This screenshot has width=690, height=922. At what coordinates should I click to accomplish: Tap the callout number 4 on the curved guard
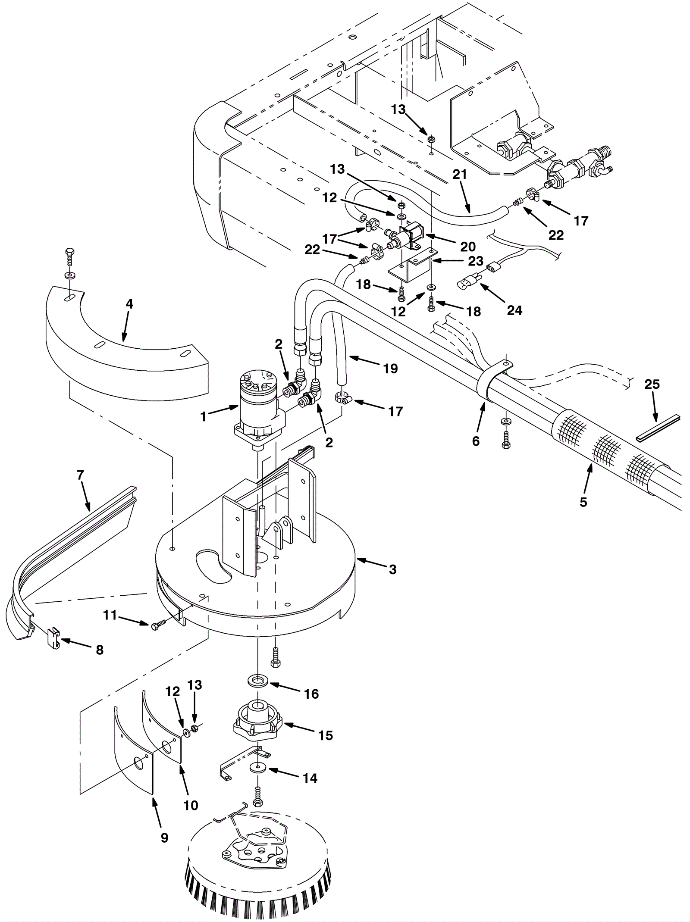tap(129, 304)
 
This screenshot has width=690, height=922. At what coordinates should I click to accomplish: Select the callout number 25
tap(652, 384)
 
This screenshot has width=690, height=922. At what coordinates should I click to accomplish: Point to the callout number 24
tap(514, 310)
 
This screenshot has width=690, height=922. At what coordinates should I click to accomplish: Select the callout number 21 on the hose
tap(460, 174)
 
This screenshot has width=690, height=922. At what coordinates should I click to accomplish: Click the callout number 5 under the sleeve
tap(583, 502)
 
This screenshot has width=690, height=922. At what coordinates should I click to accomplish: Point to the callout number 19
tap(390, 368)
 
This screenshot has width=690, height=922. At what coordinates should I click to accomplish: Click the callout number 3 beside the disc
tap(392, 569)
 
